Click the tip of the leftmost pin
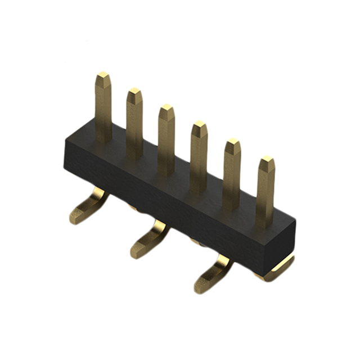tap(102, 75)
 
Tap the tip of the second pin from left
tap(134, 91)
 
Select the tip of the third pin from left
tap(166, 108)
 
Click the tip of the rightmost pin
tap(267, 161)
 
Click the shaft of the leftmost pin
tap(103, 107)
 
